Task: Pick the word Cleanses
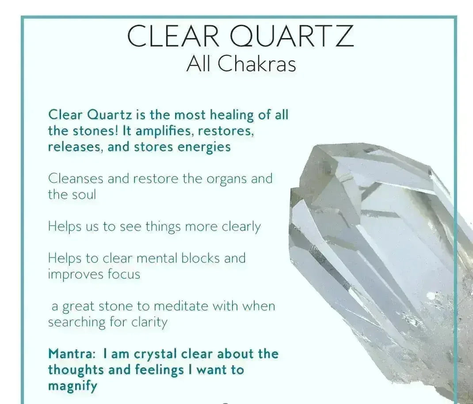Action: pyautogui.click(x=76, y=179)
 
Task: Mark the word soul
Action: pyautogui.click(x=84, y=195)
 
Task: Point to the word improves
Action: pyautogui.click(x=76, y=274)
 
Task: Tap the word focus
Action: pyautogui.click(x=124, y=274)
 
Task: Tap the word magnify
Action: pyautogui.click(x=72, y=386)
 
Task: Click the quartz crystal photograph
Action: pyautogui.click(x=380, y=261)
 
